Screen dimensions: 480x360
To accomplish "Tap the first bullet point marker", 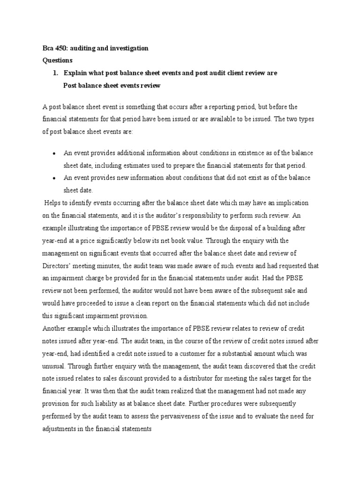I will pos(55,154).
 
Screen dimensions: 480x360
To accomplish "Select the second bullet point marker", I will pos(55,178).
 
